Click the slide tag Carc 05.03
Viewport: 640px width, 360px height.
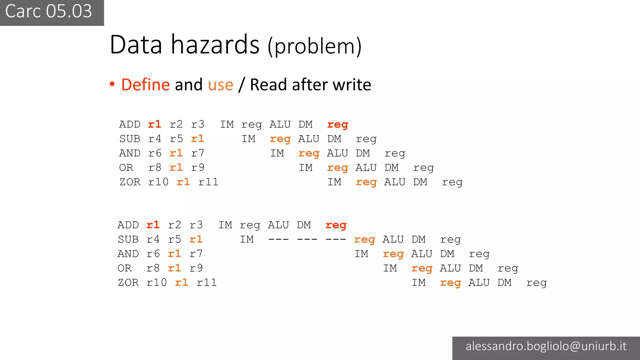coord(49,12)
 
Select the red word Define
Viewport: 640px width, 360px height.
coord(145,85)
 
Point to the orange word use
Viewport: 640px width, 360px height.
coord(220,85)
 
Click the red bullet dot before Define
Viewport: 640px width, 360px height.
coord(112,84)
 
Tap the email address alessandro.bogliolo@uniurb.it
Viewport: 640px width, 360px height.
coord(546,346)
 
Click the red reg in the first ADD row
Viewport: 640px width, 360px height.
coord(337,125)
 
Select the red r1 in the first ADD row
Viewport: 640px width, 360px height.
coord(154,124)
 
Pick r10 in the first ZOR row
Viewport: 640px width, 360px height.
coord(158,182)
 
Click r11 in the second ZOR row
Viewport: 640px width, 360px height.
coord(207,282)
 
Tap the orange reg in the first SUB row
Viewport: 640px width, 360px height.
coord(280,139)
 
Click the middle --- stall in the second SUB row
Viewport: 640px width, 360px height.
coord(307,240)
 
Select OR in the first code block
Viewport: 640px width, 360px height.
coord(126,167)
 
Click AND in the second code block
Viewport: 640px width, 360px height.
coord(128,254)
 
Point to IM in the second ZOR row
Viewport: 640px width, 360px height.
coord(418,282)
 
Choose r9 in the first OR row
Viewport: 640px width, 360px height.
coord(198,167)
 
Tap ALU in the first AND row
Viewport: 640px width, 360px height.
coord(337,153)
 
